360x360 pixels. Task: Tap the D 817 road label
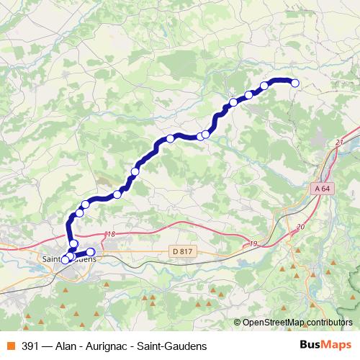tap(184, 251)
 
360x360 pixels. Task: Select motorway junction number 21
tap(338, 143)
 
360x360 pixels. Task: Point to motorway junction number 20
tap(300, 227)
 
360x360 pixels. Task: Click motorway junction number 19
tap(253, 244)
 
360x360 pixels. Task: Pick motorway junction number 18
tap(110, 235)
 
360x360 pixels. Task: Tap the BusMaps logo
tap(325, 345)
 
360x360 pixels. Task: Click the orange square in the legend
tap(11, 346)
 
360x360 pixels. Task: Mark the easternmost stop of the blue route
tap(294, 84)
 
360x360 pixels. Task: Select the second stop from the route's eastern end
tap(264, 86)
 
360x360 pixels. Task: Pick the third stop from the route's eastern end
tap(249, 94)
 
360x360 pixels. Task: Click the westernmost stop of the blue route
tap(65, 260)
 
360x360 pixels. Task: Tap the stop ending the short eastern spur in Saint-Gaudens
tap(91, 251)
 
